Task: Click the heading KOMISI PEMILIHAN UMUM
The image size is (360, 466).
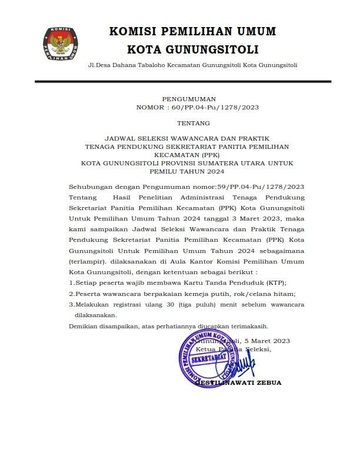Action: click(x=193, y=31)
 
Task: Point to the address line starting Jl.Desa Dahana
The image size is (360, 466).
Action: click(x=192, y=65)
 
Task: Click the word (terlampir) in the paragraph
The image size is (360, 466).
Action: click(x=87, y=261)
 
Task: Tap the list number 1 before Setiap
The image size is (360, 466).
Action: click(x=71, y=283)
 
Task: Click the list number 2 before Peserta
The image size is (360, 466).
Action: click(x=71, y=294)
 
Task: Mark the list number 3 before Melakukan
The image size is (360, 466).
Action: click(x=71, y=304)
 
